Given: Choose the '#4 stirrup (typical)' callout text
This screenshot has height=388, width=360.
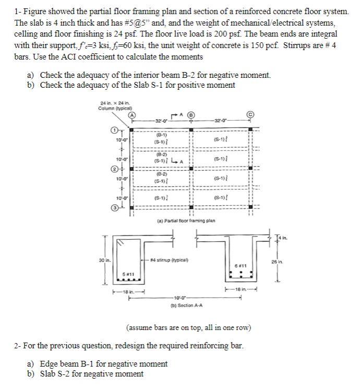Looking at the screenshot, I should coord(167,260).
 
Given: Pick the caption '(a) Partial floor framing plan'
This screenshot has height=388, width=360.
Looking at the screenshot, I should coord(186,221).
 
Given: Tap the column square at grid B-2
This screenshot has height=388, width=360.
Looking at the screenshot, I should coord(191,169).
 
